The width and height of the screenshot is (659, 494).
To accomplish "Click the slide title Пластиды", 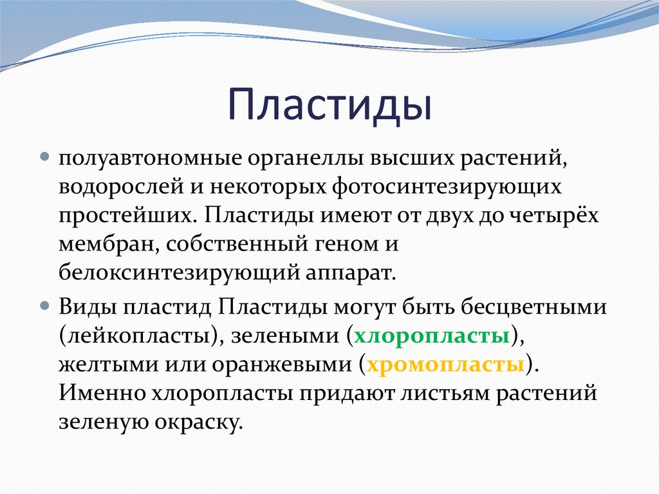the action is [330, 105].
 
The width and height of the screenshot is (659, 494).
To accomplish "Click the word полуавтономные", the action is [150, 158].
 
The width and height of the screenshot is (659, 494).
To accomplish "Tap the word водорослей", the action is [121, 187].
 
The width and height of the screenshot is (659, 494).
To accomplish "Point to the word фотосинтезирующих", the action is [447, 187].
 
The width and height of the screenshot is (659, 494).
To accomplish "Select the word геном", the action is [342, 245].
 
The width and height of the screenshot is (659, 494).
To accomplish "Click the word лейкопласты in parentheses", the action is [138, 336].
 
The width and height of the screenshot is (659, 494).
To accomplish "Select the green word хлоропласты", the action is [432, 336].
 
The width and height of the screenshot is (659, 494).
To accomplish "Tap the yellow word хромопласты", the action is [445, 365].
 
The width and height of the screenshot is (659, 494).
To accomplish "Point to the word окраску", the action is [199, 423].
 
